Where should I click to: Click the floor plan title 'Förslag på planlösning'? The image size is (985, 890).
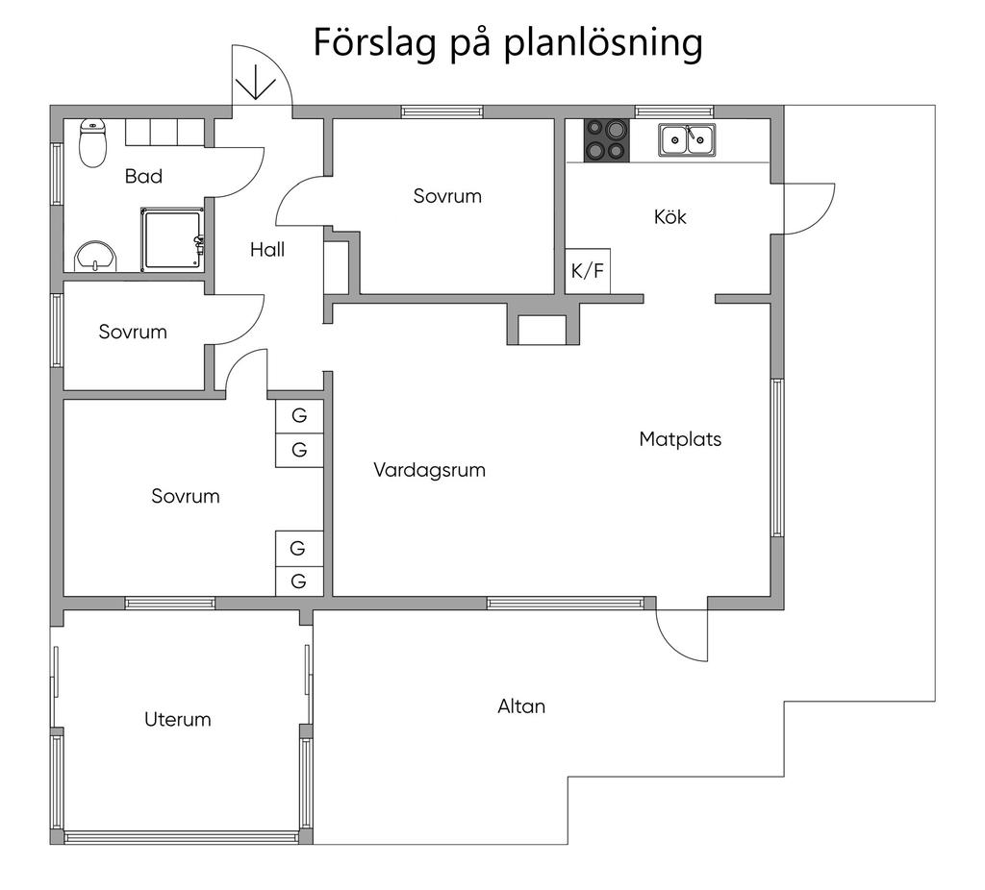tap(507, 43)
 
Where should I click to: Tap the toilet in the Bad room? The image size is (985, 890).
tap(92, 143)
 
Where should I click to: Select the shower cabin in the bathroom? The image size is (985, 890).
tap(173, 238)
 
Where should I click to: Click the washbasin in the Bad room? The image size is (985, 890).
tap(94, 256)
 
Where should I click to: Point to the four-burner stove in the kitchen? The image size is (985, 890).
tap(607, 140)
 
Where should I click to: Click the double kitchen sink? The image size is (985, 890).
tap(687, 140)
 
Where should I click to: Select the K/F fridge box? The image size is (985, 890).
tap(588, 271)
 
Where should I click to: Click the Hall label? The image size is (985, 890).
tap(267, 250)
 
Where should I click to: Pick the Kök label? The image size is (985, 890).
tap(670, 217)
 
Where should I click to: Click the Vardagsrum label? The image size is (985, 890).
tap(429, 471)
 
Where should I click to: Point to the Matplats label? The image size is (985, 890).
tap(680, 439)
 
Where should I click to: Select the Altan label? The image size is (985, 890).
tap(521, 706)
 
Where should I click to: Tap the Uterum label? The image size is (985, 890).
tap(177, 719)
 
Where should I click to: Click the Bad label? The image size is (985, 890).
tap(143, 176)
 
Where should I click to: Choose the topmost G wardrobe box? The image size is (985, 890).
tap(299, 416)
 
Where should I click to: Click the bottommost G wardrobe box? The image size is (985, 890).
tap(299, 581)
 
